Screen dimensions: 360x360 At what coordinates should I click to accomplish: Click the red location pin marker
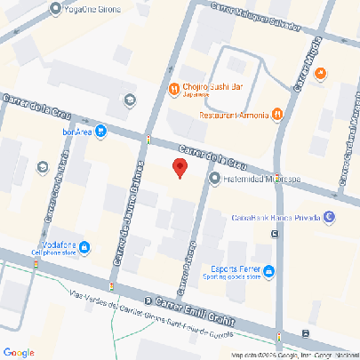(x=180, y=168)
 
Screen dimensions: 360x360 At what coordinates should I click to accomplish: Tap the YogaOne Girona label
(x=92, y=10)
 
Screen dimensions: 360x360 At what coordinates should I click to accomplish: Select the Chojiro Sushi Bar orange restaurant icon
(x=173, y=88)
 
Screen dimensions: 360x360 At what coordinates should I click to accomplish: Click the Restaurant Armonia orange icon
(x=278, y=114)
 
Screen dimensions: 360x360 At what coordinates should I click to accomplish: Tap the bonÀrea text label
(x=77, y=132)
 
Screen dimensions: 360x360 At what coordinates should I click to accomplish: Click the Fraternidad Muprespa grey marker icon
(x=214, y=179)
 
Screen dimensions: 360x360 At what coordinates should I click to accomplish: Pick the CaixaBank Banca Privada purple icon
(x=330, y=215)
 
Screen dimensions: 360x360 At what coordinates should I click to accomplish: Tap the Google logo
(x=19, y=352)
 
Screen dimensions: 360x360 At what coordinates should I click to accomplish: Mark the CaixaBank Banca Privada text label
(x=276, y=215)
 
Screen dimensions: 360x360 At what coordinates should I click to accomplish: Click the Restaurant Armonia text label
(x=235, y=115)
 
